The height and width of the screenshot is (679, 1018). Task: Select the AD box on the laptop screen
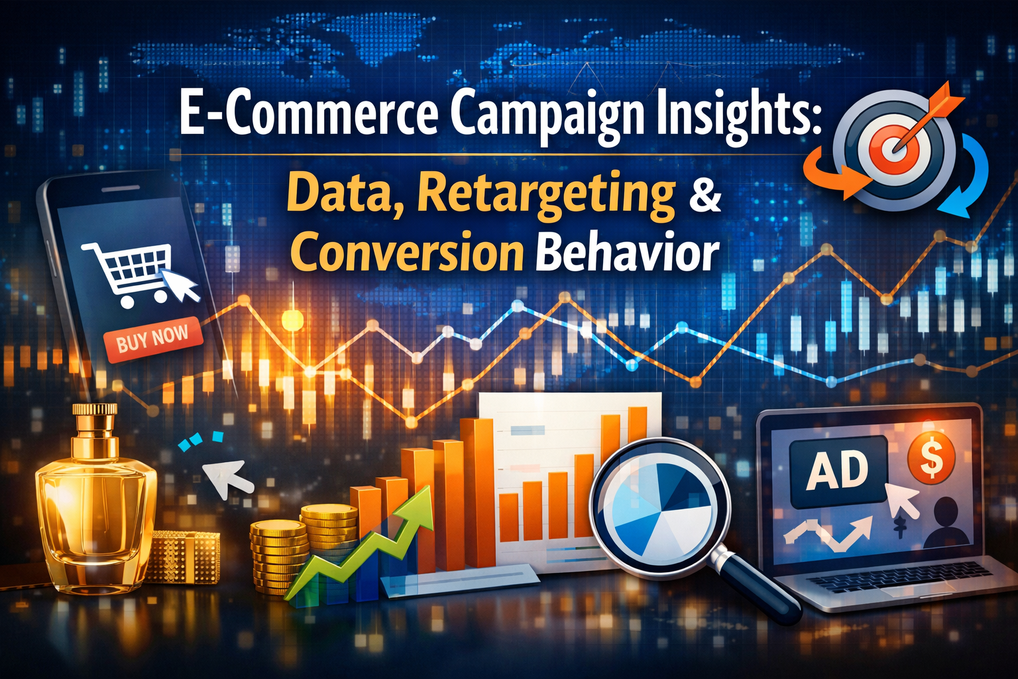[839, 470]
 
